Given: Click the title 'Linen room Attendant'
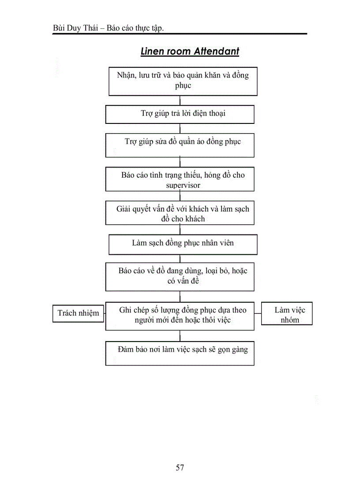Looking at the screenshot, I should click(x=190, y=52).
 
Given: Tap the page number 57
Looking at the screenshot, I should click(x=180, y=468).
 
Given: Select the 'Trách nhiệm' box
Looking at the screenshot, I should click(x=79, y=313).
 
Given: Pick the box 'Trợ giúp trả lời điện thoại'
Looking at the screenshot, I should click(x=180, y=114).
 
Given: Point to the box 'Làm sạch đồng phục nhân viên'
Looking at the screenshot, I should click(x=183, y=244).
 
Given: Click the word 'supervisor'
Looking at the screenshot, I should click(x=183, y=185).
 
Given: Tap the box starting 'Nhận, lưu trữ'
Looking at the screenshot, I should click(x=183, y=81).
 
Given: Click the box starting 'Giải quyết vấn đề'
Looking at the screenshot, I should click(x=180, y=213).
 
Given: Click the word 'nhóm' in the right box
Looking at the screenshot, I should click(x=290, y=320).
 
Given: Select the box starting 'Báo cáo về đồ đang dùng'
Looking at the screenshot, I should click(x=180, y=276).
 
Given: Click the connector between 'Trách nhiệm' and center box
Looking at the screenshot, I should click(x=105, y=314).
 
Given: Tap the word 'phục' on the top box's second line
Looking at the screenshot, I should click(x=183, y=86).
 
